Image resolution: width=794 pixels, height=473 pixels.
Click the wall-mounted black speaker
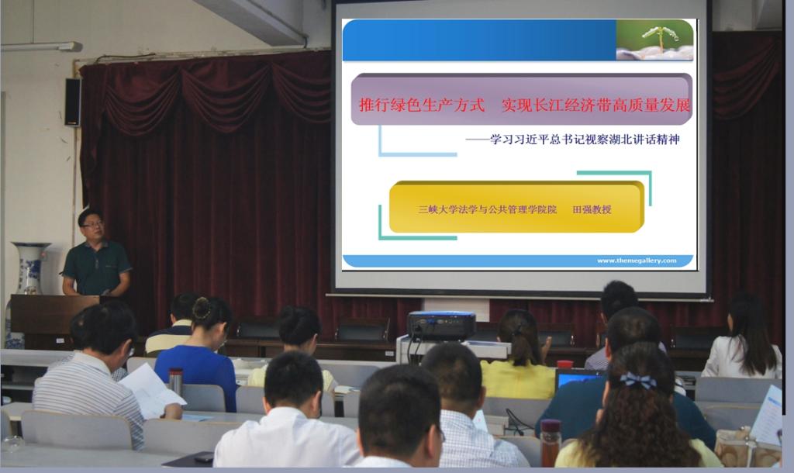coord(72,102)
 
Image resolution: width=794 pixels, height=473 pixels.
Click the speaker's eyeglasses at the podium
coord(93,224)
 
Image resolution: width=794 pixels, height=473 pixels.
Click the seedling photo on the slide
coord(654,40)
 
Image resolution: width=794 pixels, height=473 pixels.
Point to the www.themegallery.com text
coord(637,261)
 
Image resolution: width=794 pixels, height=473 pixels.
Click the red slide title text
coord(524,105)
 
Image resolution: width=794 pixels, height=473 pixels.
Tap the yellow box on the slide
coord(516,207)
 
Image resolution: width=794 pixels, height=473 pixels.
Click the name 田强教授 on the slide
coord(592,209)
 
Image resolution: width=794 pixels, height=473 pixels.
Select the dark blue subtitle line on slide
coord(572,140)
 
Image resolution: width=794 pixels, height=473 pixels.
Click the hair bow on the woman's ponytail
coord(638,380)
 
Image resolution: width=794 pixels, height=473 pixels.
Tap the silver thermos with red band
coord(175,381)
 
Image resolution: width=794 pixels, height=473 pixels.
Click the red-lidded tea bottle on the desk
coord(550,442)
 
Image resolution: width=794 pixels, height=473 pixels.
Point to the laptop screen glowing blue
coord(578,380)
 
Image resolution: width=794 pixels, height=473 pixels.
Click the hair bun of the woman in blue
coord(201,308)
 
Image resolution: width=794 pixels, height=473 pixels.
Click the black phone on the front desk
coord(204,457)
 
